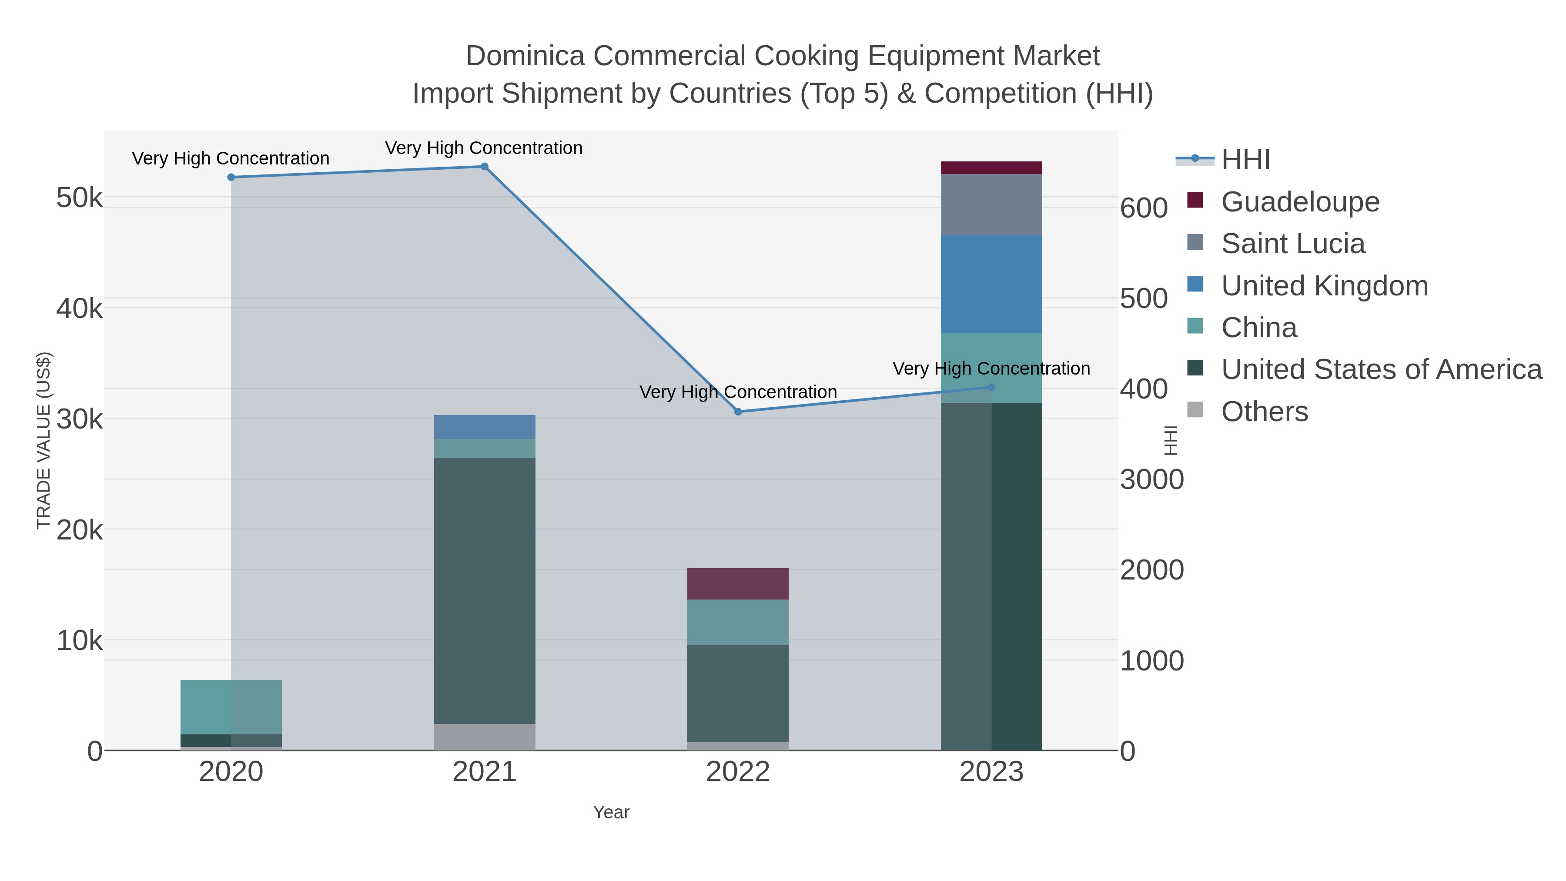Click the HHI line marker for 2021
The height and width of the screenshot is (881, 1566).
pyautogui.click(x=485, y=167)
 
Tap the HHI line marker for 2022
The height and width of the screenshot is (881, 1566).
pyautogui.click(x=738, y=412)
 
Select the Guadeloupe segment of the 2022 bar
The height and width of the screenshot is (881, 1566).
pyautogui.click(x=738, y=584)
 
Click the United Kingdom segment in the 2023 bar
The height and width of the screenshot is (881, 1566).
pyautogui.click(x=991, y=284)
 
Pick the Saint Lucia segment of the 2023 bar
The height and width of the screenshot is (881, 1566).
pyautogui.click(x=991, y=205)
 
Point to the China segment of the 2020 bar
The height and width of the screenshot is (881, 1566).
pyautogui.click(x=231, y=707)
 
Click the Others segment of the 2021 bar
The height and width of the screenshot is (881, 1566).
pyautogui.click(x=485, y=737)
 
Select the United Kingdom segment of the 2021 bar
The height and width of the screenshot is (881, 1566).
pyautogui.click(x=485, y=427)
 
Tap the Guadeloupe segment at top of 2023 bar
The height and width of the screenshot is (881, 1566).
pyautogui.click(x=991, y=168)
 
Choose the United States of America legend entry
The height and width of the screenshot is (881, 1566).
pyautogui.click(x=1381, y=370)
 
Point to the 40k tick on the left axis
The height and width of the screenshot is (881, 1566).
pyautogui.click(x=80, y=308)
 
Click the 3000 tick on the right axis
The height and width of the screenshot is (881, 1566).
pyautogui.click(x=1151, y=480)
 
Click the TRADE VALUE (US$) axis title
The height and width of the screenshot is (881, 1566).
pyautogui.click(x=44, y=440)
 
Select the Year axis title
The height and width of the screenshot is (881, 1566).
pyautogui.click(x=611, y=812)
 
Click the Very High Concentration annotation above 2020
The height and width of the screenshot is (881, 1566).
pyautogui.click(x=231, y=159)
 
